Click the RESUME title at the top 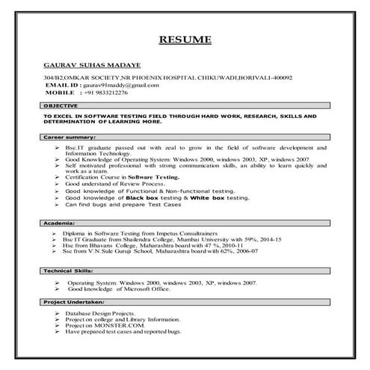(185, 39)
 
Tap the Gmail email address (119, 85)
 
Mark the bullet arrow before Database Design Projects (56, 312)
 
